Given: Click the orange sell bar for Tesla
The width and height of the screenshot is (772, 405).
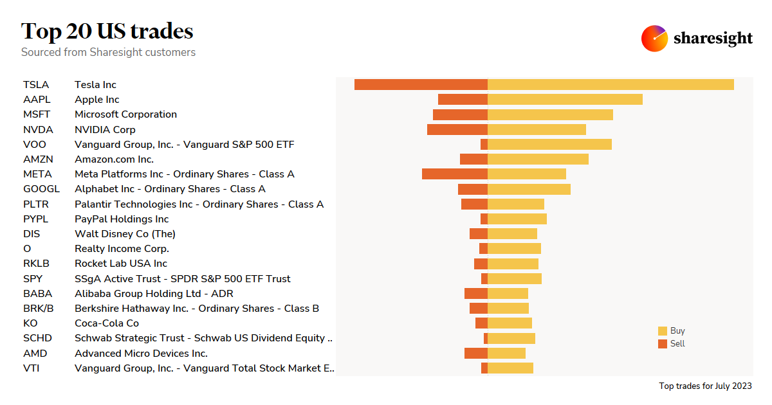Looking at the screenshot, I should click(421, 84).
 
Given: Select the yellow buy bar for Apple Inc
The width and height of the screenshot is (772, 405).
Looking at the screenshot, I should click(565, 99).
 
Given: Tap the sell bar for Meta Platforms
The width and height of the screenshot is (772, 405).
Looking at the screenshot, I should click(454, 174).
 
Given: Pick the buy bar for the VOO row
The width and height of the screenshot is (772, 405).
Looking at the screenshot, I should click(549, 144).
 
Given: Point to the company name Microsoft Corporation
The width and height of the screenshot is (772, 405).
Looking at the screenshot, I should click(125, 114).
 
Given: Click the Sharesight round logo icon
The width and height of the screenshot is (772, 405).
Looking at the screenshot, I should click(654, 39).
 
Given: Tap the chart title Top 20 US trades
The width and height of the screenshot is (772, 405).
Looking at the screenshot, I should click(107, 31).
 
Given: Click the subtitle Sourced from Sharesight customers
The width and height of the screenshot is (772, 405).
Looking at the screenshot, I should click(108, 52).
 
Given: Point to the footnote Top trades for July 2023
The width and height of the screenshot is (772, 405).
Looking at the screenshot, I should click(705, 386).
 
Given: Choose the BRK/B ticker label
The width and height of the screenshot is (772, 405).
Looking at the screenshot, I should click(38, 309).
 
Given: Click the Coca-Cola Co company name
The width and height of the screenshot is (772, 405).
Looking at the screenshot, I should click(107, 323).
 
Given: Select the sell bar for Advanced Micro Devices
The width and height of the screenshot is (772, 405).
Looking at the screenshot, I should click(475, 353).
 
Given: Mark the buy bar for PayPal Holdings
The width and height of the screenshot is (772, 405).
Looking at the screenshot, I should click(517, 219).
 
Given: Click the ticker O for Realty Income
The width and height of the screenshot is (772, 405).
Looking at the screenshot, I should click(27, 249).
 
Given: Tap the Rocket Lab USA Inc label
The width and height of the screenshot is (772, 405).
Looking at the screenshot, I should click(121, 264).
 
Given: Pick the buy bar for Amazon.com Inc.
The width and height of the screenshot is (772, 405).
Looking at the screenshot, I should click(538, 159).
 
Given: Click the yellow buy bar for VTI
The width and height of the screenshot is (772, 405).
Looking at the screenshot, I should click(510, 368).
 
